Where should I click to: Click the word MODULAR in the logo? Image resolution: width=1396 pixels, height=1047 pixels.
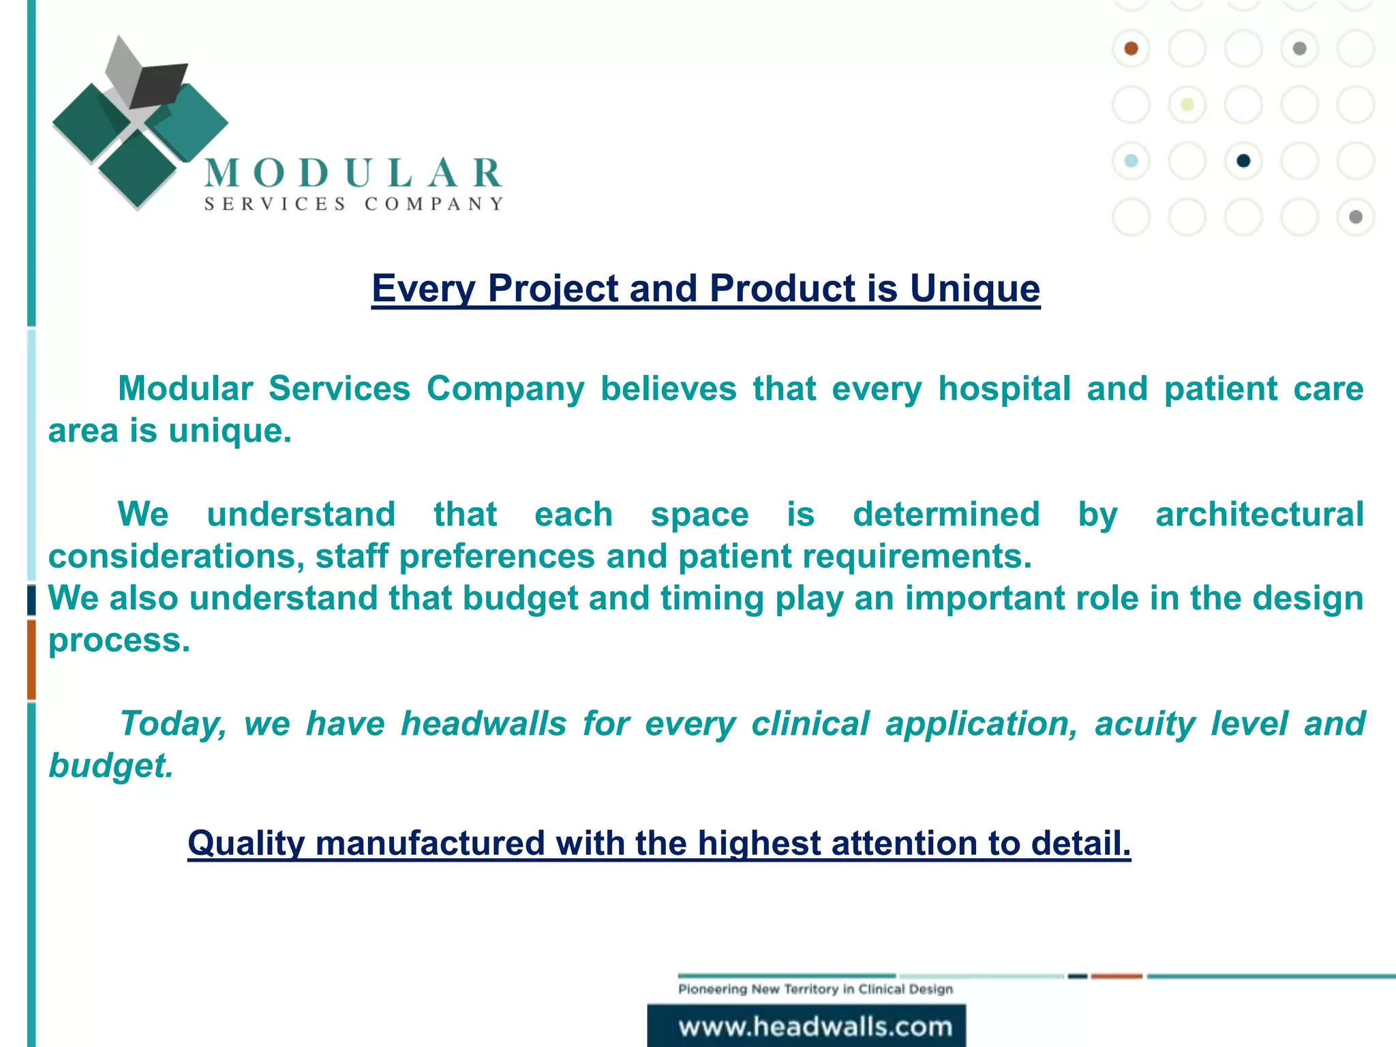[x=353, y=173]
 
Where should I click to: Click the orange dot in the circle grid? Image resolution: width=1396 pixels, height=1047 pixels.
[x=1131, y=48]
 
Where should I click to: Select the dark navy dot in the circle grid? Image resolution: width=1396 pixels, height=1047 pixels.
[x=1243, y=161]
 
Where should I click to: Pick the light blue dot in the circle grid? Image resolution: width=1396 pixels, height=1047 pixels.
[x=1131, y=161]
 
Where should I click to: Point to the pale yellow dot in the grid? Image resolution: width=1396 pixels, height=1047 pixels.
[x=1187, y=105]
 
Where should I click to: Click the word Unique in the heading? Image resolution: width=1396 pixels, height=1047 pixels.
[x=975, y=288]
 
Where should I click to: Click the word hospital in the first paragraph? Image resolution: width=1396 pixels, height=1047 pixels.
[x=1005, y=389]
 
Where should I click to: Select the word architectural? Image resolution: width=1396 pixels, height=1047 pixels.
[x=1259, y=515]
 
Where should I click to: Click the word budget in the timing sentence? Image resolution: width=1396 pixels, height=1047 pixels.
[x=520, y=598]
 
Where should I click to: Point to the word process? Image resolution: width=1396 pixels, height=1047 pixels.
[x=119, y=641]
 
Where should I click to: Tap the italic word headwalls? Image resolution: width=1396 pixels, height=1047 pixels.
[x=483, y=724]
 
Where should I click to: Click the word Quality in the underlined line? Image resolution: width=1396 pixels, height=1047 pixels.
[x=246, y=844]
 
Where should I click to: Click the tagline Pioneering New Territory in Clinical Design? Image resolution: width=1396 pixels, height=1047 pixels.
[x=815, y=989]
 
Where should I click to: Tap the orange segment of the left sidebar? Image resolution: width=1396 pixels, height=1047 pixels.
[x=31, y=659]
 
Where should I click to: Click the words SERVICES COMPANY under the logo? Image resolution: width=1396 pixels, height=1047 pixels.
[x=353, y=204]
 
